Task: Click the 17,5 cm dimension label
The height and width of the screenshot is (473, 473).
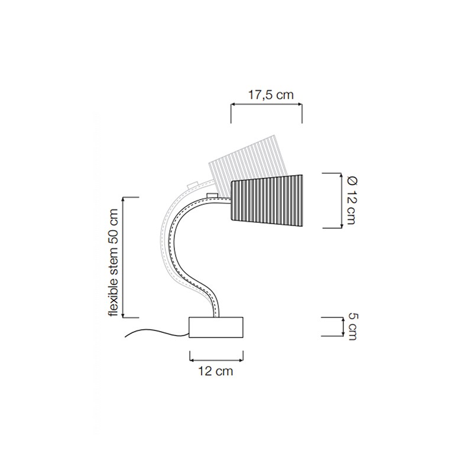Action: coord(271,95)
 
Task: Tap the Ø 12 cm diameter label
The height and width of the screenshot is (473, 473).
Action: coord(351,200)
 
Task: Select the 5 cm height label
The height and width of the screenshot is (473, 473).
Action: coord(352,327)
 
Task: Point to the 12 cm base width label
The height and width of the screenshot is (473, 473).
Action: coord(215,371)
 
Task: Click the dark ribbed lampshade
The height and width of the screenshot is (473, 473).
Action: coord(267,200)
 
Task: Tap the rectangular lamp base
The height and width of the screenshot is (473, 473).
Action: coord(216,328)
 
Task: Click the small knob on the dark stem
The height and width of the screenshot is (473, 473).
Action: coord(212,196)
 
